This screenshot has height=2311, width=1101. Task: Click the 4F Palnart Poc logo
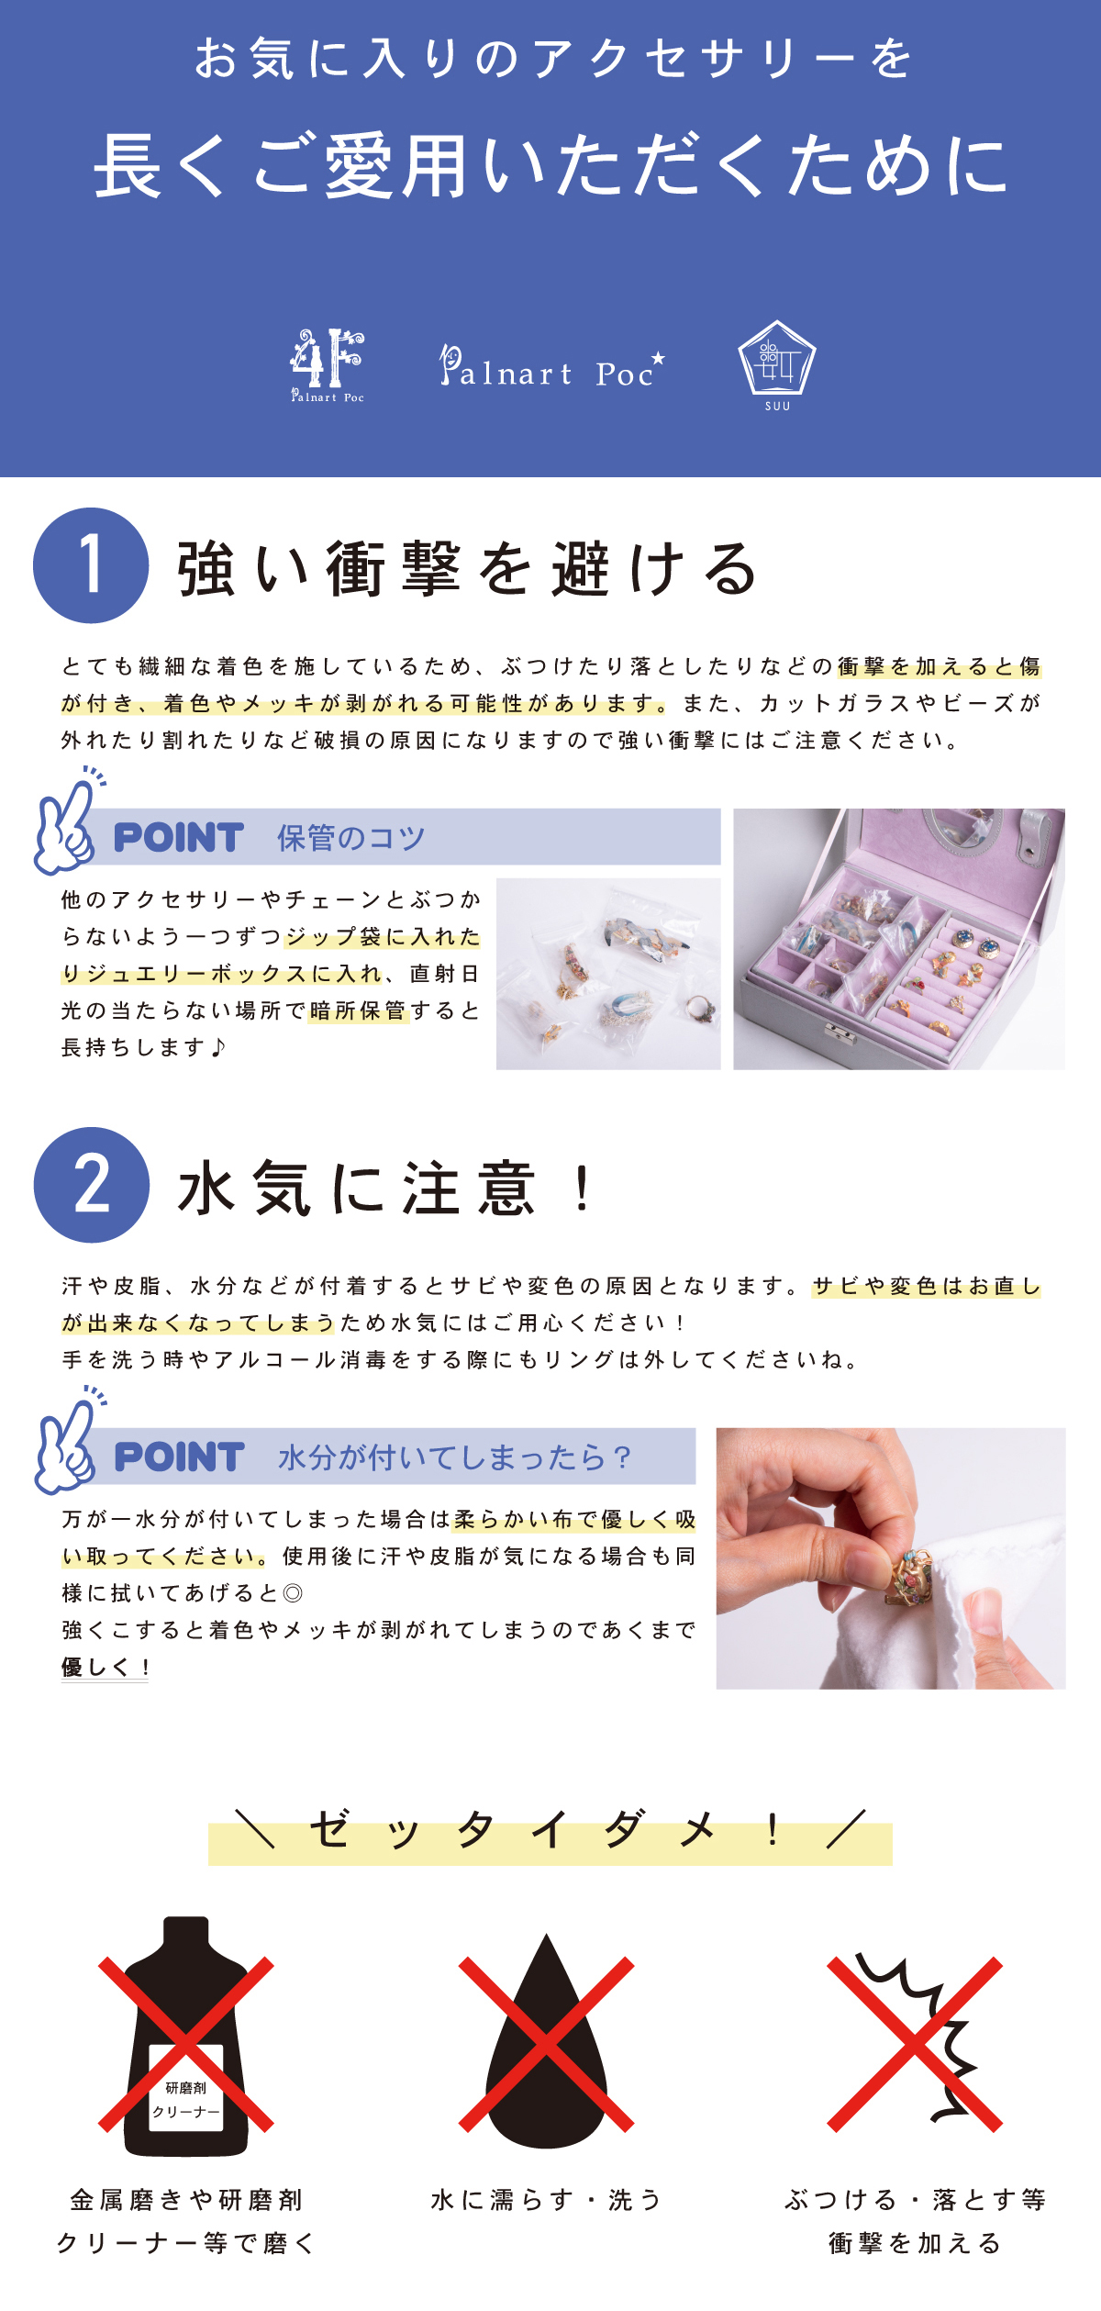pyautogui.click(x=328, y=365)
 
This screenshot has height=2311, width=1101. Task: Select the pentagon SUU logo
pyautogui.click(x=777, y=365)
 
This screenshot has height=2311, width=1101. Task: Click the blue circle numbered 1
pyautogui.click(x=91, y=565)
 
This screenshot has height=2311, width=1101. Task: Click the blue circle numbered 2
pyautogui.click(x=91, y=1185)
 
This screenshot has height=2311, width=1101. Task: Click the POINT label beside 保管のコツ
pyautogui.click(x=179, y=838)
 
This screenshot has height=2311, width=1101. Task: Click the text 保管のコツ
pyautogui.click(x=351, y=838)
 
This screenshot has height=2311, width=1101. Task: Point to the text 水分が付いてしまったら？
pyautogui.click(x=455, y=1457)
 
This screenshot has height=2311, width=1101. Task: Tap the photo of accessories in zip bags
pyautogui.click(x=608, y=974)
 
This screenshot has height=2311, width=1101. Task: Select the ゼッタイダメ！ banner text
pyautogui.click(x=550, y=1831)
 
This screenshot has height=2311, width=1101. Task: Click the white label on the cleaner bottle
pyautogui.click(x=186, y=2099)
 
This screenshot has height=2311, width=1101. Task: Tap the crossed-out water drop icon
pyautogui.click(x=547, y=2044)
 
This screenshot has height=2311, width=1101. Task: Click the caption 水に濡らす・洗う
pyautogui.click(x=547, y=2200)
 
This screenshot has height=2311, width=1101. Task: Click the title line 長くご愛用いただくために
pyautogui.click(x=550, y=165)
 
